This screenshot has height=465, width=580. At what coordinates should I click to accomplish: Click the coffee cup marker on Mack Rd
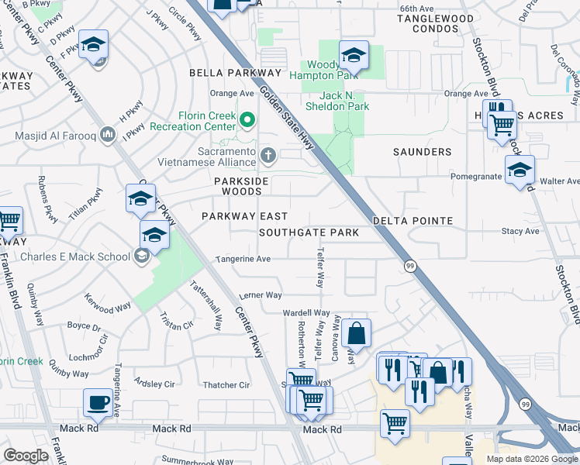(x=98, y=402)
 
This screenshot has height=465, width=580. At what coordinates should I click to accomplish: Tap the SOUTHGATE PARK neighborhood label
(x=309, y=232)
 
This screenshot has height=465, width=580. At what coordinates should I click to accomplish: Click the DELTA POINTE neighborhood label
(x=413, y=221)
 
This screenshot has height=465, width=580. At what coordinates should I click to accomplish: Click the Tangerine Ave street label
(x=243, y=259)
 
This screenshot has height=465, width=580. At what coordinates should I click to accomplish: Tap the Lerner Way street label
(x=261, y=295)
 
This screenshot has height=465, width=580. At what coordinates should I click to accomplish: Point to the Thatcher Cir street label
(x=226, y=385)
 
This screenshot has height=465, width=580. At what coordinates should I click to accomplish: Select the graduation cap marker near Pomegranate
(x=520, y=170)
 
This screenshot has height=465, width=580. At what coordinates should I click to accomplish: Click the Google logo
(x=26, y=455)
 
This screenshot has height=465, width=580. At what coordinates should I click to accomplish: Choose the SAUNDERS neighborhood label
(x=422, y=152)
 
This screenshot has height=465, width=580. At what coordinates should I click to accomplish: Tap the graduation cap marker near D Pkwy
(x=93, y=44)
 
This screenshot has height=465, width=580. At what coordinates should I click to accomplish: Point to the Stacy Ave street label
(x=520, y=231)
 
